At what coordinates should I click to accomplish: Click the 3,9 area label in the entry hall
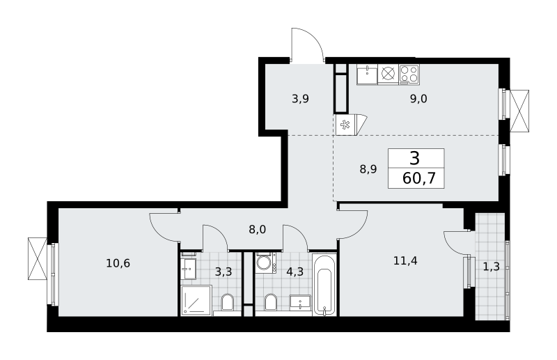[x=300, y=99]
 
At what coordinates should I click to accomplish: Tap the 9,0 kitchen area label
[x=418, y=99]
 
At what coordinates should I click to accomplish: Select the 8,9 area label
[x=368, y=169]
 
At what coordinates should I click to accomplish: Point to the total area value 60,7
[x=419, y=178]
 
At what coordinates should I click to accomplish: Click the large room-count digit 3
[x=414, y=158]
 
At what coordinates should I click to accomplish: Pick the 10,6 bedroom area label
[x=118, y=263]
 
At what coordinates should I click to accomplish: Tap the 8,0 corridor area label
[x=257, y=230]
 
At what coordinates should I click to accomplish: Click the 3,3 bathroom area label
[x=223, y=272]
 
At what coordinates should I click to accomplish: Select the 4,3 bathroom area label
[x=295, y=272]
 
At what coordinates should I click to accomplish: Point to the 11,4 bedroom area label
[x=405, y=261]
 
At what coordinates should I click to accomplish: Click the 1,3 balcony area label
[x=492, y=266]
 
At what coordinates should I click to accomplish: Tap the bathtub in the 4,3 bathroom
[x=324, y=284]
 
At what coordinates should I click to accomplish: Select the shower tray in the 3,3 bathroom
[x=196, y=300]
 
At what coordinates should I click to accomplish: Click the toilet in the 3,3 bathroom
[x=227, y=303]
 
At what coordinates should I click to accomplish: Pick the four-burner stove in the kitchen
[x=409, y=74]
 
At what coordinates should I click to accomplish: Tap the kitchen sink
[x=367, y=75]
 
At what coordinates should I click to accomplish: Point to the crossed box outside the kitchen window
[x=519, y=111]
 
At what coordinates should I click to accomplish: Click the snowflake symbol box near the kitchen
[x=345, y=125]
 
